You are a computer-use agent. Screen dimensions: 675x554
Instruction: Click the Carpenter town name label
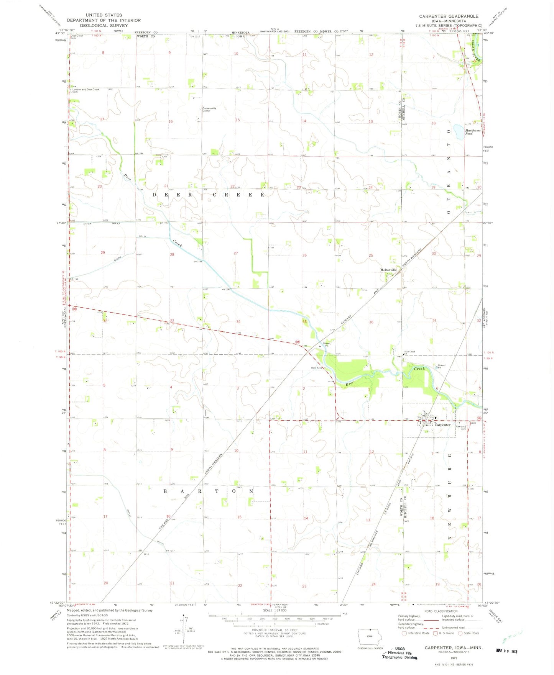click(x=442, y=425)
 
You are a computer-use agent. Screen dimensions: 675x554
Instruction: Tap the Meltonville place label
click(x=388, y=270)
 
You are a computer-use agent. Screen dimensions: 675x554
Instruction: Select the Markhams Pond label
click(x=472, y=132)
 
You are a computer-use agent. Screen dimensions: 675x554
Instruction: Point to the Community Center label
click(x=209, y=110)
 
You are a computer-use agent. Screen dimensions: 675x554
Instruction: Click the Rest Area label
click(x=316, y=368)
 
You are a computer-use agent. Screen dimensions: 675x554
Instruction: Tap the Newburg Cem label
click(x=460, y=428)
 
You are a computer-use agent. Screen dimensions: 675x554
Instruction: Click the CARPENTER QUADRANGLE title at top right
click(x=449, y=16)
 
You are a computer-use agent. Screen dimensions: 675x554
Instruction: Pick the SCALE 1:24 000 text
click(x=275, y=610)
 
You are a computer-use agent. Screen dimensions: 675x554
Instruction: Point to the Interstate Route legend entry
click(x=415, y=633)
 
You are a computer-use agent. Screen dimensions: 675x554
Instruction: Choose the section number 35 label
click(x=304, y=322)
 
